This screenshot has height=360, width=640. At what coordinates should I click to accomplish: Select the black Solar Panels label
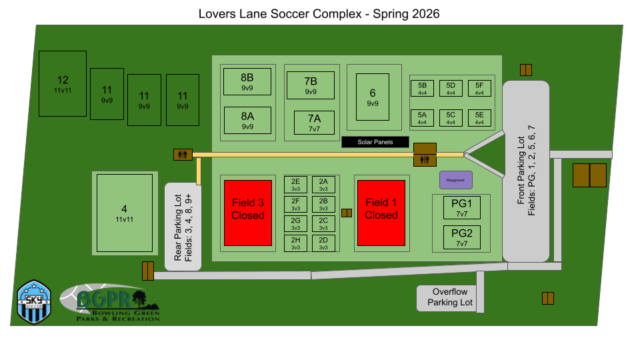(375, 142)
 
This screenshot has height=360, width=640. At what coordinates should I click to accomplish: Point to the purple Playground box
(456, 180)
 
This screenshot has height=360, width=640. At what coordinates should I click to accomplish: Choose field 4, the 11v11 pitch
(125, 213)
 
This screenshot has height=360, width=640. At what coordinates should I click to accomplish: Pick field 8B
(247, 81)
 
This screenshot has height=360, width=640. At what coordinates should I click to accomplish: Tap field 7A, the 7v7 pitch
(315, 122)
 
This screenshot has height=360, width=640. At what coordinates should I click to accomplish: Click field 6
(373, 97)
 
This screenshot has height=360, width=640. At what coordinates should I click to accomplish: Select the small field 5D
(451, 89)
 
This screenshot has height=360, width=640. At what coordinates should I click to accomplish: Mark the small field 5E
(479, 118)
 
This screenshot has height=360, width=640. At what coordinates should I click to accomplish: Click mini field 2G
(295, 224)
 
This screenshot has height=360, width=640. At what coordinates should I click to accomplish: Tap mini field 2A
(323, 185)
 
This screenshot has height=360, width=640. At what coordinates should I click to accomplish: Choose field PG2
(462, 237)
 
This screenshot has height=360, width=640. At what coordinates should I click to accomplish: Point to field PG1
(462, 207)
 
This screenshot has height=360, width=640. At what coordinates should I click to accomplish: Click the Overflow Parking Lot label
(450, 297)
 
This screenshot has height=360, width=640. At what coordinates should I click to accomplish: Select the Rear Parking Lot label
(183, 227)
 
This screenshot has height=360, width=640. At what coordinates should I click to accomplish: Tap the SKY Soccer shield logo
(34, 302)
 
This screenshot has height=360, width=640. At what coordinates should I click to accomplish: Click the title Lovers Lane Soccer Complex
(319, 13)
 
